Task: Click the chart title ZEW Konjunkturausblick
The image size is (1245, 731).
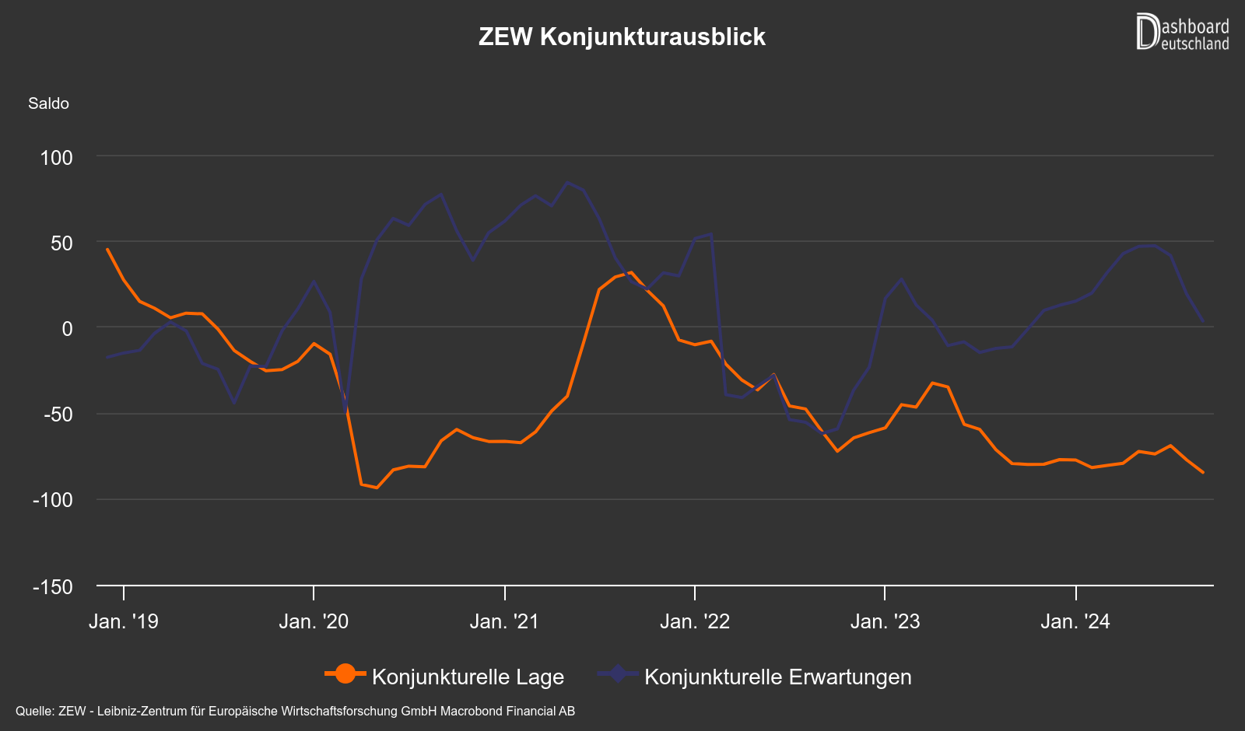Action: click(x=622, y=37)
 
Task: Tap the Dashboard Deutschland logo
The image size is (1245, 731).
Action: click(x=1182, y=33)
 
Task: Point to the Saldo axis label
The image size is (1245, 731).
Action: click(x=48, y=103)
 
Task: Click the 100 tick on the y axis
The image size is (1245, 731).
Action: click(x=56, y=158)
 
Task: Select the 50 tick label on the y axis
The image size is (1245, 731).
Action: click(x=61, y=243)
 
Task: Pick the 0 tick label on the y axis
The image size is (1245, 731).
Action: click(x=67, y=329)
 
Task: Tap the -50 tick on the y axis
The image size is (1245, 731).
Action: click(x=58, y=414)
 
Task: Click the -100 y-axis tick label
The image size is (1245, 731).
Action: click(x=53, y=500)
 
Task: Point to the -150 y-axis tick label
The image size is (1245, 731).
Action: click(x=53, y=587)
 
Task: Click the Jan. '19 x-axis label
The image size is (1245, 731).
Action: click(x=124, y=621)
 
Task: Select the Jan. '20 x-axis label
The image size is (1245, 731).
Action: click(x=314, y=621)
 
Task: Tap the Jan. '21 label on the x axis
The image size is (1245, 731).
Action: click(x=504, y=621)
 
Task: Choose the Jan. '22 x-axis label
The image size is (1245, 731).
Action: click(x=695, y=621)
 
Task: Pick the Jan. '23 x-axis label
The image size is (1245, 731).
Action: click(x=885, y=621)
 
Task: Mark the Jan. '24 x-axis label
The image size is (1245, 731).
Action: click(x=1075, y=621)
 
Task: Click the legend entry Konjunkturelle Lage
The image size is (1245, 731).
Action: click(x=468, y=677)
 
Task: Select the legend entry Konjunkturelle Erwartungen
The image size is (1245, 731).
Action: click(x=777, y=677)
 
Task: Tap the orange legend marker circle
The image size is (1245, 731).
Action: click(x=345, y=674)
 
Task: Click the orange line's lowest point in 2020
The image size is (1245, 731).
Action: click(x=377, y=488)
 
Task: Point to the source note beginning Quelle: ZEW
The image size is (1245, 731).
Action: click(x=295, y=711)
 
